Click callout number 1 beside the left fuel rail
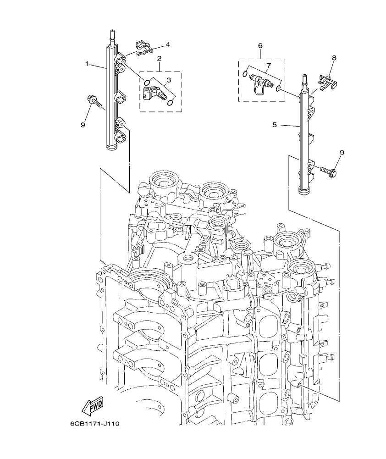click(87, 64)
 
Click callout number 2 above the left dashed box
click(160, 59)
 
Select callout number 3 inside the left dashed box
click(169, 80)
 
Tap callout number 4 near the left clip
click(168, 44)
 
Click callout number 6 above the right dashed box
click(260, 46)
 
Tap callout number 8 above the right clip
click(334, 58)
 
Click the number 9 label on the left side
click(83, 124)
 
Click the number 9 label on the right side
click(342, 152)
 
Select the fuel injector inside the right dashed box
click(260, 83)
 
